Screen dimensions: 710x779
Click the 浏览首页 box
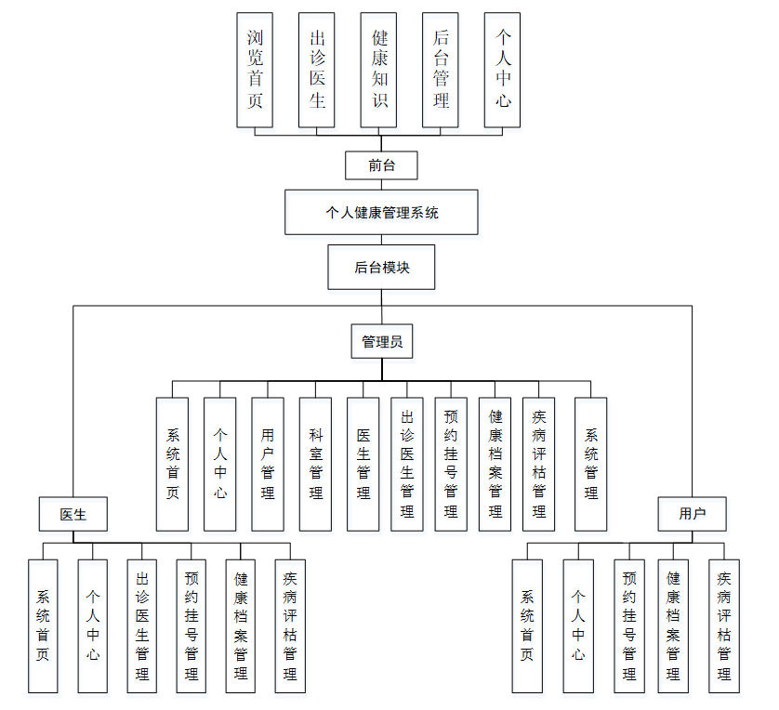(x=255, y=70)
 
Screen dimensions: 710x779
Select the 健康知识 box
(x=379, y=70)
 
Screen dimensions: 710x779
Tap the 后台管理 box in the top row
(x=441, y=70)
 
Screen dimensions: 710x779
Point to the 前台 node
(x=381, y=165)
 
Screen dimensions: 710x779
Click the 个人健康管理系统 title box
(x=381, y=212)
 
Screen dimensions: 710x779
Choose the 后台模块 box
(x=381, y=268)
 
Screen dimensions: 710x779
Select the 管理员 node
(x=382, y=341)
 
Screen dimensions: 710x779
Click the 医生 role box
(x=73, y=513)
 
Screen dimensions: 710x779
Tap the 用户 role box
(x=692, y=513)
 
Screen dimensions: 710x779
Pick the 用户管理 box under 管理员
(x=268, y=464)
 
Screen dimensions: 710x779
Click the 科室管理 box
(x=315, y=464)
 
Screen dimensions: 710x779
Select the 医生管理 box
(x=363, y=464)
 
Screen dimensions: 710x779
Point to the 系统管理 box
(x=591, y=464)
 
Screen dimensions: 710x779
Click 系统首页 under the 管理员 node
(x=172, y=464)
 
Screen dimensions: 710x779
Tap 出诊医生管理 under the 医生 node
(x=142, y=625)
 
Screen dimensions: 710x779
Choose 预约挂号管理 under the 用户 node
(x=629, y=625)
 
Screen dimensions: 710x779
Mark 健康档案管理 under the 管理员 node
(x=495, y=464)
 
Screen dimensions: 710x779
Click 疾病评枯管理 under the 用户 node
(x=724, y=625)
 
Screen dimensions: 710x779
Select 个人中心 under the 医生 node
(x=93, y=625)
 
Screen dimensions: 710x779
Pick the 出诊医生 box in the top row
(x=317, y=70)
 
